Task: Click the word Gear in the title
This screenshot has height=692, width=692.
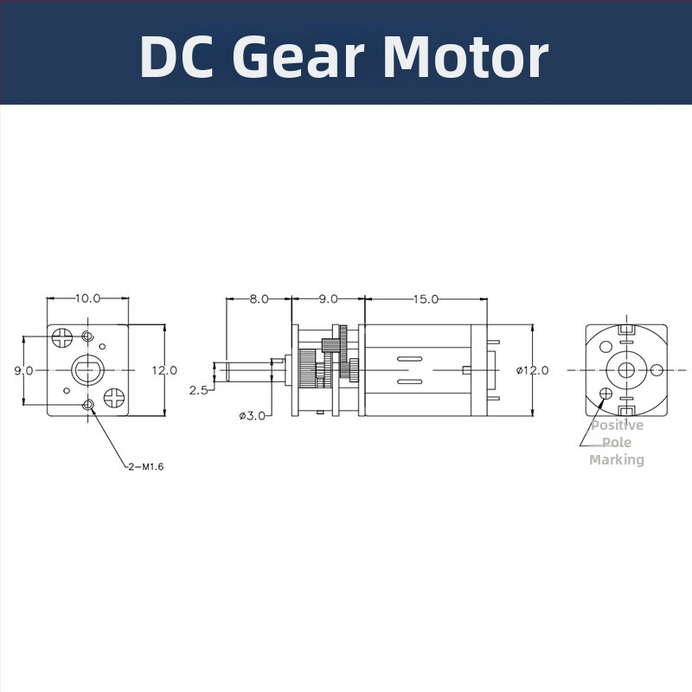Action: coord(300,57)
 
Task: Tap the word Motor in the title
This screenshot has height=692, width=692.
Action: coord(465,57)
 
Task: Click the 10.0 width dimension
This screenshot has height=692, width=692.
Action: coord(87,298)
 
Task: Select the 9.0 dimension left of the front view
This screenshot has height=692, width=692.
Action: coord(23,370)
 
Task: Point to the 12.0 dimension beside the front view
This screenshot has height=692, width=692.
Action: coord(164,370)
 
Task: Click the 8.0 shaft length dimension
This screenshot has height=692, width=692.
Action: coord(259,298)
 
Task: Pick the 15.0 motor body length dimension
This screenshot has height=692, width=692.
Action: coord(425,298)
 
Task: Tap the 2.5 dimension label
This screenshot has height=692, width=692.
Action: coord(198,390)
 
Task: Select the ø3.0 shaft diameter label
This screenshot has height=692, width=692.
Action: coord(252,416)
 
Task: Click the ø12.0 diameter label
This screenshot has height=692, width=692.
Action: coord(533,370)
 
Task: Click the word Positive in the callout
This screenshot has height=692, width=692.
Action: coord(617,426)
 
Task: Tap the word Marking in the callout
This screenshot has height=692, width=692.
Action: coord(617,460)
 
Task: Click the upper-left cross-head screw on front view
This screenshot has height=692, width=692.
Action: coord(62,336)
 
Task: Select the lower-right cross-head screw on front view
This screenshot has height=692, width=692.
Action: coord(113,398)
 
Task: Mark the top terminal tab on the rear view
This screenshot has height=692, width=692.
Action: coord(627,330)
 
